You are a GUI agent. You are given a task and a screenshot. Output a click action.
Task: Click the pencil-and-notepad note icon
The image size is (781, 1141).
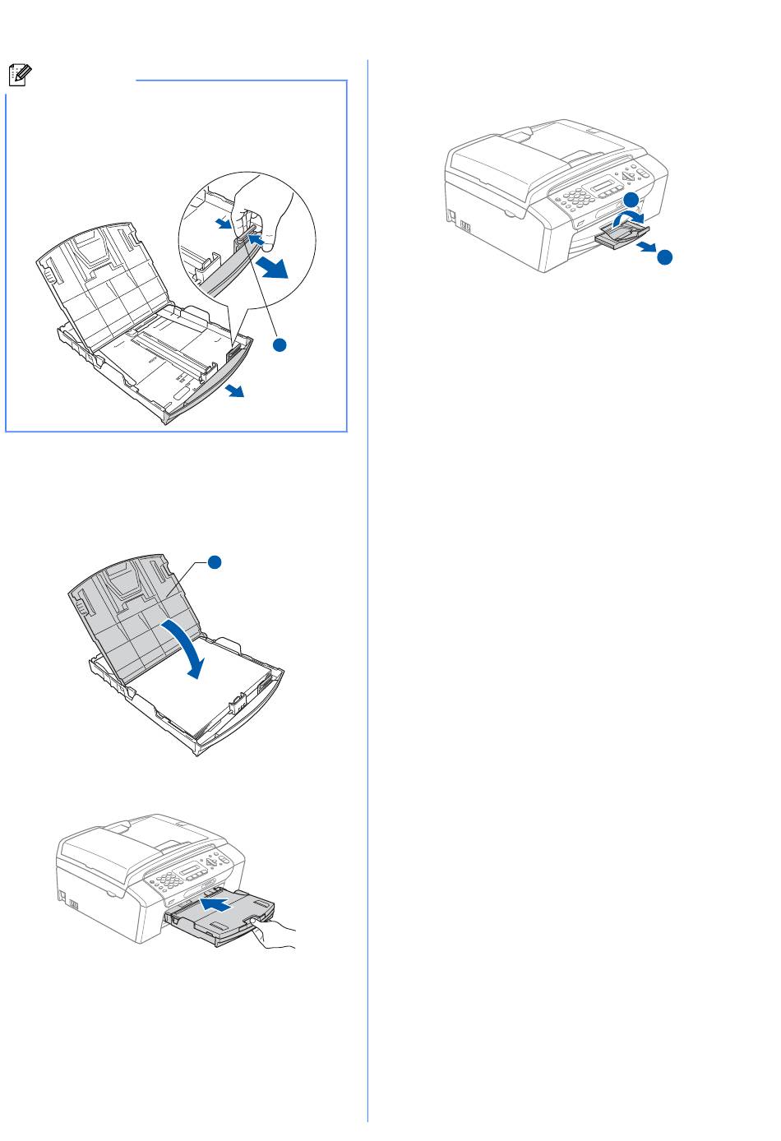[x=19, y=75]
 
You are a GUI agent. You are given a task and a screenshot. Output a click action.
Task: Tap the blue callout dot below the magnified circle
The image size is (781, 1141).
[x=280, y=345]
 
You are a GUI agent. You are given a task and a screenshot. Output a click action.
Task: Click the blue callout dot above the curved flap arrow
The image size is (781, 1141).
[x=629, y=200]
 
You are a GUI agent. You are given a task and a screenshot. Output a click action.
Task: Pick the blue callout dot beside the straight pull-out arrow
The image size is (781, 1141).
[x=664, y=257]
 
